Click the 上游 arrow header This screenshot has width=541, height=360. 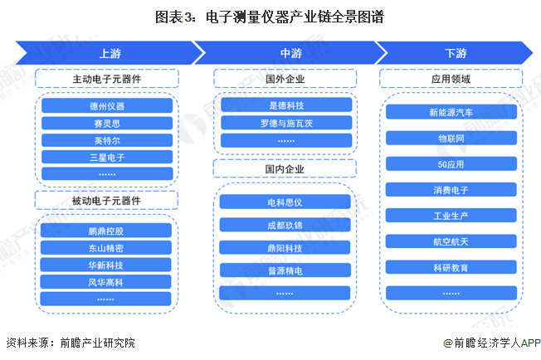110,53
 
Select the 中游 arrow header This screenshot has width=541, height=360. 290,53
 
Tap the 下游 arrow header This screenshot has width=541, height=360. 456,53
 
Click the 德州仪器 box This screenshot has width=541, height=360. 107,105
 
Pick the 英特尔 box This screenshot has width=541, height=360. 107,140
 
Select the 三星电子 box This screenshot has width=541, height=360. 107,157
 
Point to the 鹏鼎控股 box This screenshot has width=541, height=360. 106,231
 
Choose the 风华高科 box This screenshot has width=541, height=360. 106,282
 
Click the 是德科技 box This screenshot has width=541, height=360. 286,105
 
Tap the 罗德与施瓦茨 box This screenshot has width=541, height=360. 286,123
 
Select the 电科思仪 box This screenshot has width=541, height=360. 285,202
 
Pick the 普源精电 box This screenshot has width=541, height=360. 285,270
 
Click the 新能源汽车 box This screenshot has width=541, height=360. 451,112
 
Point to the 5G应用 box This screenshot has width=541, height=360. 451,163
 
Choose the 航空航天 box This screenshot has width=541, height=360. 451,241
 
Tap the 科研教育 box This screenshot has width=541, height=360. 451,267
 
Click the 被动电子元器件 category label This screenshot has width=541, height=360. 106,201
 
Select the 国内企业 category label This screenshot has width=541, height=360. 285,168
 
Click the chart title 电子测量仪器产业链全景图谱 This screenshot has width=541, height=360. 295,17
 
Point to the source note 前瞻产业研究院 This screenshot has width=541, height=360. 97,343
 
